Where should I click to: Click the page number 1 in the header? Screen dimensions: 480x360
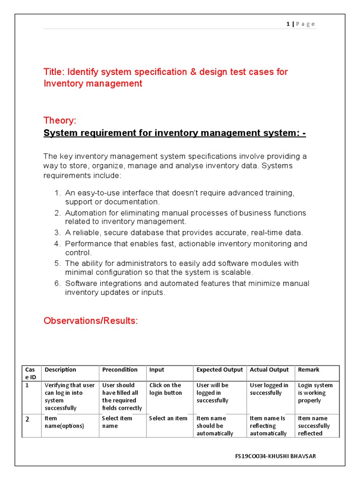pos(288,24)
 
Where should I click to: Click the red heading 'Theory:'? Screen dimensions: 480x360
pos(60,120)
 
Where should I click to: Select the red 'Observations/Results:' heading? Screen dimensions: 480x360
pos(90,321)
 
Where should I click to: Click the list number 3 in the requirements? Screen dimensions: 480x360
pos(57,233)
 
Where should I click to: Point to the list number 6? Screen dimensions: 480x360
pos(57,284)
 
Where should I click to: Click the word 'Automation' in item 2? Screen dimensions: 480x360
pos(85,213)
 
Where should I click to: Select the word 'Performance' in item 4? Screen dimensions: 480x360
pos(87,244)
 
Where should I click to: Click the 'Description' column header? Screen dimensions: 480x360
pos(60,370)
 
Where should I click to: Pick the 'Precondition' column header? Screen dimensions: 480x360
pos(120,370)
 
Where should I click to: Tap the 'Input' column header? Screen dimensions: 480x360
pos(157,370)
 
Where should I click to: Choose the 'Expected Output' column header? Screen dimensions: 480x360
pos(219,370)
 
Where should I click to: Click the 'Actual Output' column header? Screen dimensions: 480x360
pos(269,370)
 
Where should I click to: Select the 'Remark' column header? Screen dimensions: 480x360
pos(308,370)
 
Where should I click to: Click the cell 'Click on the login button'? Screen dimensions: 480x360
pos(165,389)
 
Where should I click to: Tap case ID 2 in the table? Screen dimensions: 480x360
pos(27,420)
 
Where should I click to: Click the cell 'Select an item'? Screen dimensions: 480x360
pos(168,419)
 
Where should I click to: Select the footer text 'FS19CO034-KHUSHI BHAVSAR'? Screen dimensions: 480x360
pos(275,456)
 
